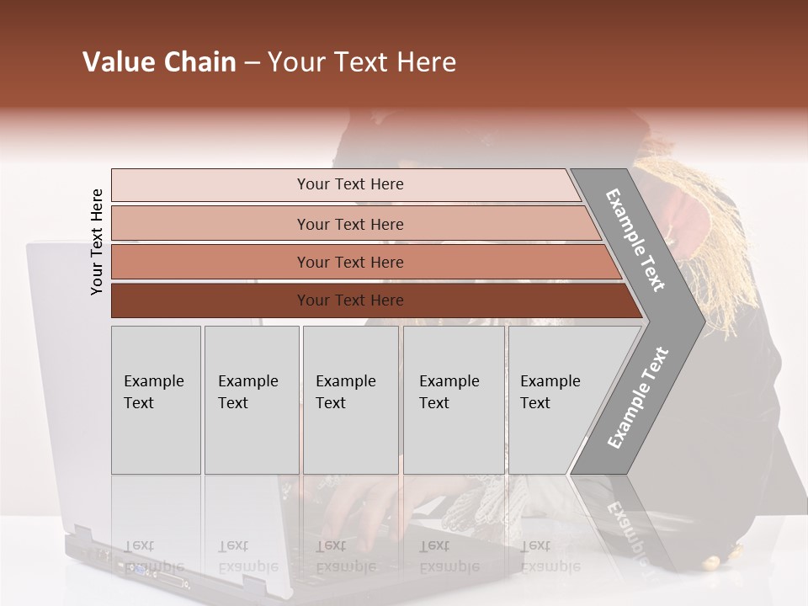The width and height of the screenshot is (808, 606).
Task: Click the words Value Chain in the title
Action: click(x=159, y=62)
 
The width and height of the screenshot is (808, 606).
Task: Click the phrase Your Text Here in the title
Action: click(x=362, y=62)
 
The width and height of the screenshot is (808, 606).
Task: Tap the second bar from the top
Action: click(x=350, y=224)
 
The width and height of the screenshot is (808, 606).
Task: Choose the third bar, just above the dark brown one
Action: click(x=350, y=262)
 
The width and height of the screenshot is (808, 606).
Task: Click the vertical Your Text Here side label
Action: click(x=97, y=242)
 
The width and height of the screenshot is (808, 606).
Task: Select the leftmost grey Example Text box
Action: click(x=156, y=400)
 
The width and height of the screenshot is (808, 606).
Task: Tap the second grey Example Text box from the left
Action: click(x=251, y=400)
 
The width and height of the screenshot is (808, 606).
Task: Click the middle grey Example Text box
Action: click(x=350, y=400)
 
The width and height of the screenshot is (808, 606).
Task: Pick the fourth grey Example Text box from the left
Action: click(x=453, y=400)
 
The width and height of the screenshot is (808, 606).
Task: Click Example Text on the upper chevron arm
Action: click(x=635, y=240)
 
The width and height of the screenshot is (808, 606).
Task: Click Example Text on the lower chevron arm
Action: click(x=637, y=398)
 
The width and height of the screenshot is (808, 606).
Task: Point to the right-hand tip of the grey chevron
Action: click(x=702, y=321)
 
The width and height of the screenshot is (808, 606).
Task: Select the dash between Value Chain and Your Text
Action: click(x=252, y=63)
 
